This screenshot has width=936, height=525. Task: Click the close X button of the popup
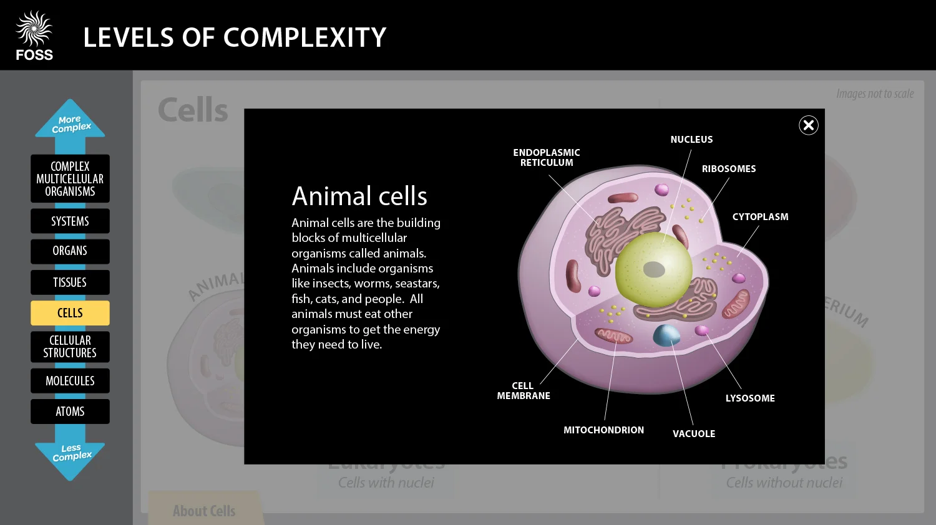point(808,125)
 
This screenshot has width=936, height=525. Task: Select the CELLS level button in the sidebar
point(70,313)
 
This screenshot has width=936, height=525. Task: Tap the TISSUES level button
point(70,282)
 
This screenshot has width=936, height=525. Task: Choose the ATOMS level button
point(70,412)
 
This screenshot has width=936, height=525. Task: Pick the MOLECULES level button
point(70,381)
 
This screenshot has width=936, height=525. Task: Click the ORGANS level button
point(70,251)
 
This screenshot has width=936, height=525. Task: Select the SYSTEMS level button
point(70,221)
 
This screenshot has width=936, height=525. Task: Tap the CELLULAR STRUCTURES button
point(70,347)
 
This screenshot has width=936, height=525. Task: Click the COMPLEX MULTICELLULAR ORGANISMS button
point(70,179)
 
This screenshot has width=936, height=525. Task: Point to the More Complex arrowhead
point(71,122)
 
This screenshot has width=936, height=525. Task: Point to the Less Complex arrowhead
point(71,456)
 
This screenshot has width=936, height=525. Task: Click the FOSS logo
point(34,36)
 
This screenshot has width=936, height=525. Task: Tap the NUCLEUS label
point(691,140)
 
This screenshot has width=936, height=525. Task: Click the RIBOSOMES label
point(728,169)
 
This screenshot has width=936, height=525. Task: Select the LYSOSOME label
point(749,398)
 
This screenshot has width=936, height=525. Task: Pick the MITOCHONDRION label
point(603,430)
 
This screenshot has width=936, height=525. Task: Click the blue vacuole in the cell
point(666,335)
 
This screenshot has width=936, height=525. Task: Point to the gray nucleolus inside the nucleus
point(653,269)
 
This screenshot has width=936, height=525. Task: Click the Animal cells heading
point(359,196)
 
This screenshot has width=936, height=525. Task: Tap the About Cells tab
point(204,511)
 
